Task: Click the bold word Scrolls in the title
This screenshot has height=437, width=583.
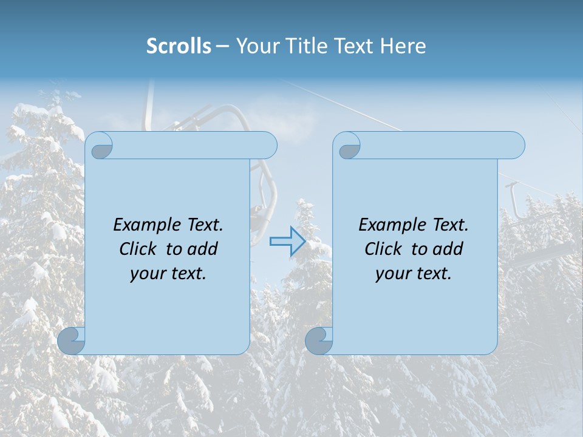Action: [179, 46]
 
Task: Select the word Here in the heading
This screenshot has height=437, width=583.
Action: [403, 46]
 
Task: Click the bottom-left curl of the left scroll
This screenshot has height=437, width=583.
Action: [72, 341]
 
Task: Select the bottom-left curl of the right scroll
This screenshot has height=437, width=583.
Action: [319, 341]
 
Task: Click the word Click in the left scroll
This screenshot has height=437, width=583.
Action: [139, 249]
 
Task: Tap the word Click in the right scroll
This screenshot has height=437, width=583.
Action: [383, 249]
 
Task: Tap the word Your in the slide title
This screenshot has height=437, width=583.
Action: [256, 46]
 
